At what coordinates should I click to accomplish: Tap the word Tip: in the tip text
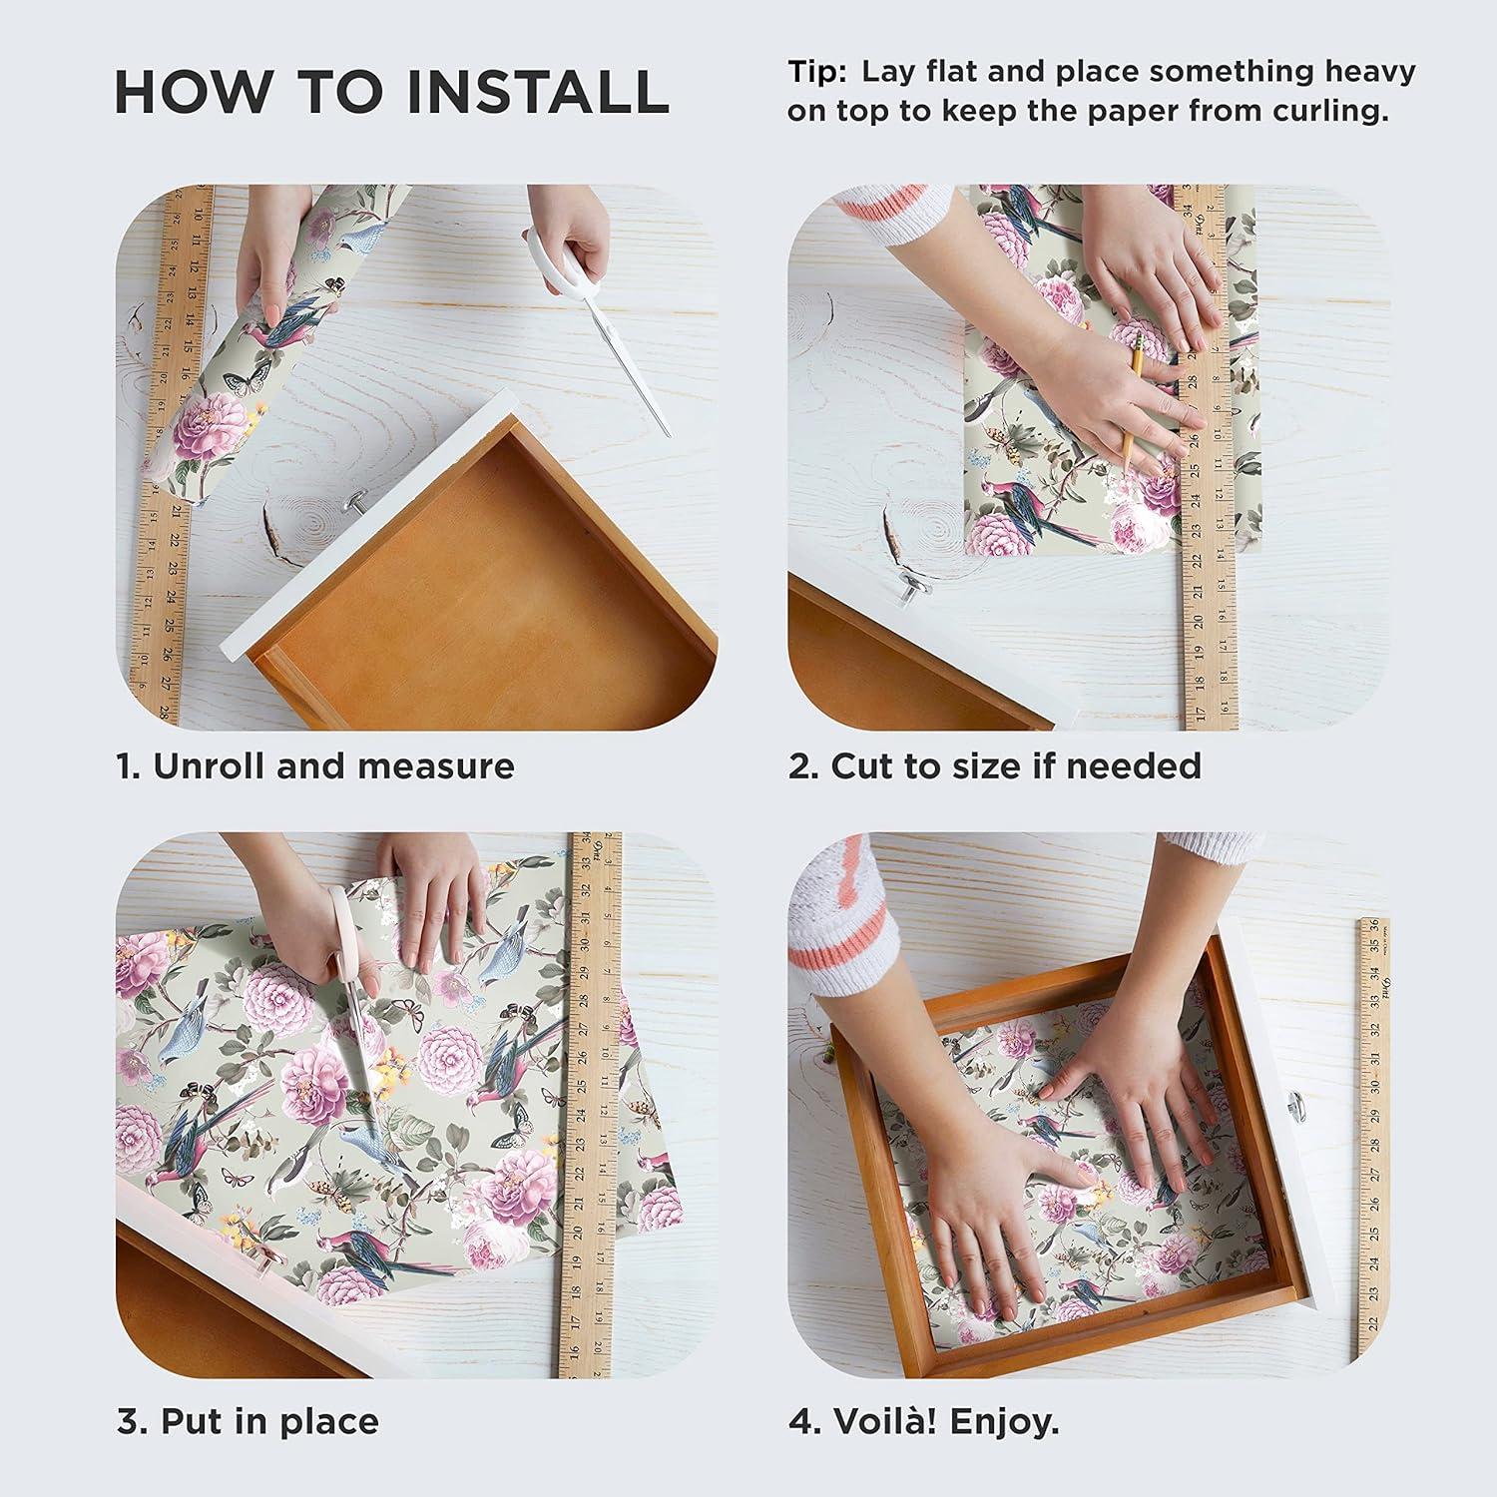click(817, 73)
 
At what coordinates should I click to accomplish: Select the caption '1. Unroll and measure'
click(315, 766)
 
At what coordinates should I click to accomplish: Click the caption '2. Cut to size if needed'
click(995, 766)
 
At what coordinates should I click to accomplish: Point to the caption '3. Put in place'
click(249, 1421)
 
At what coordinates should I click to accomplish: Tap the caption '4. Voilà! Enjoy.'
click(924, 1421)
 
